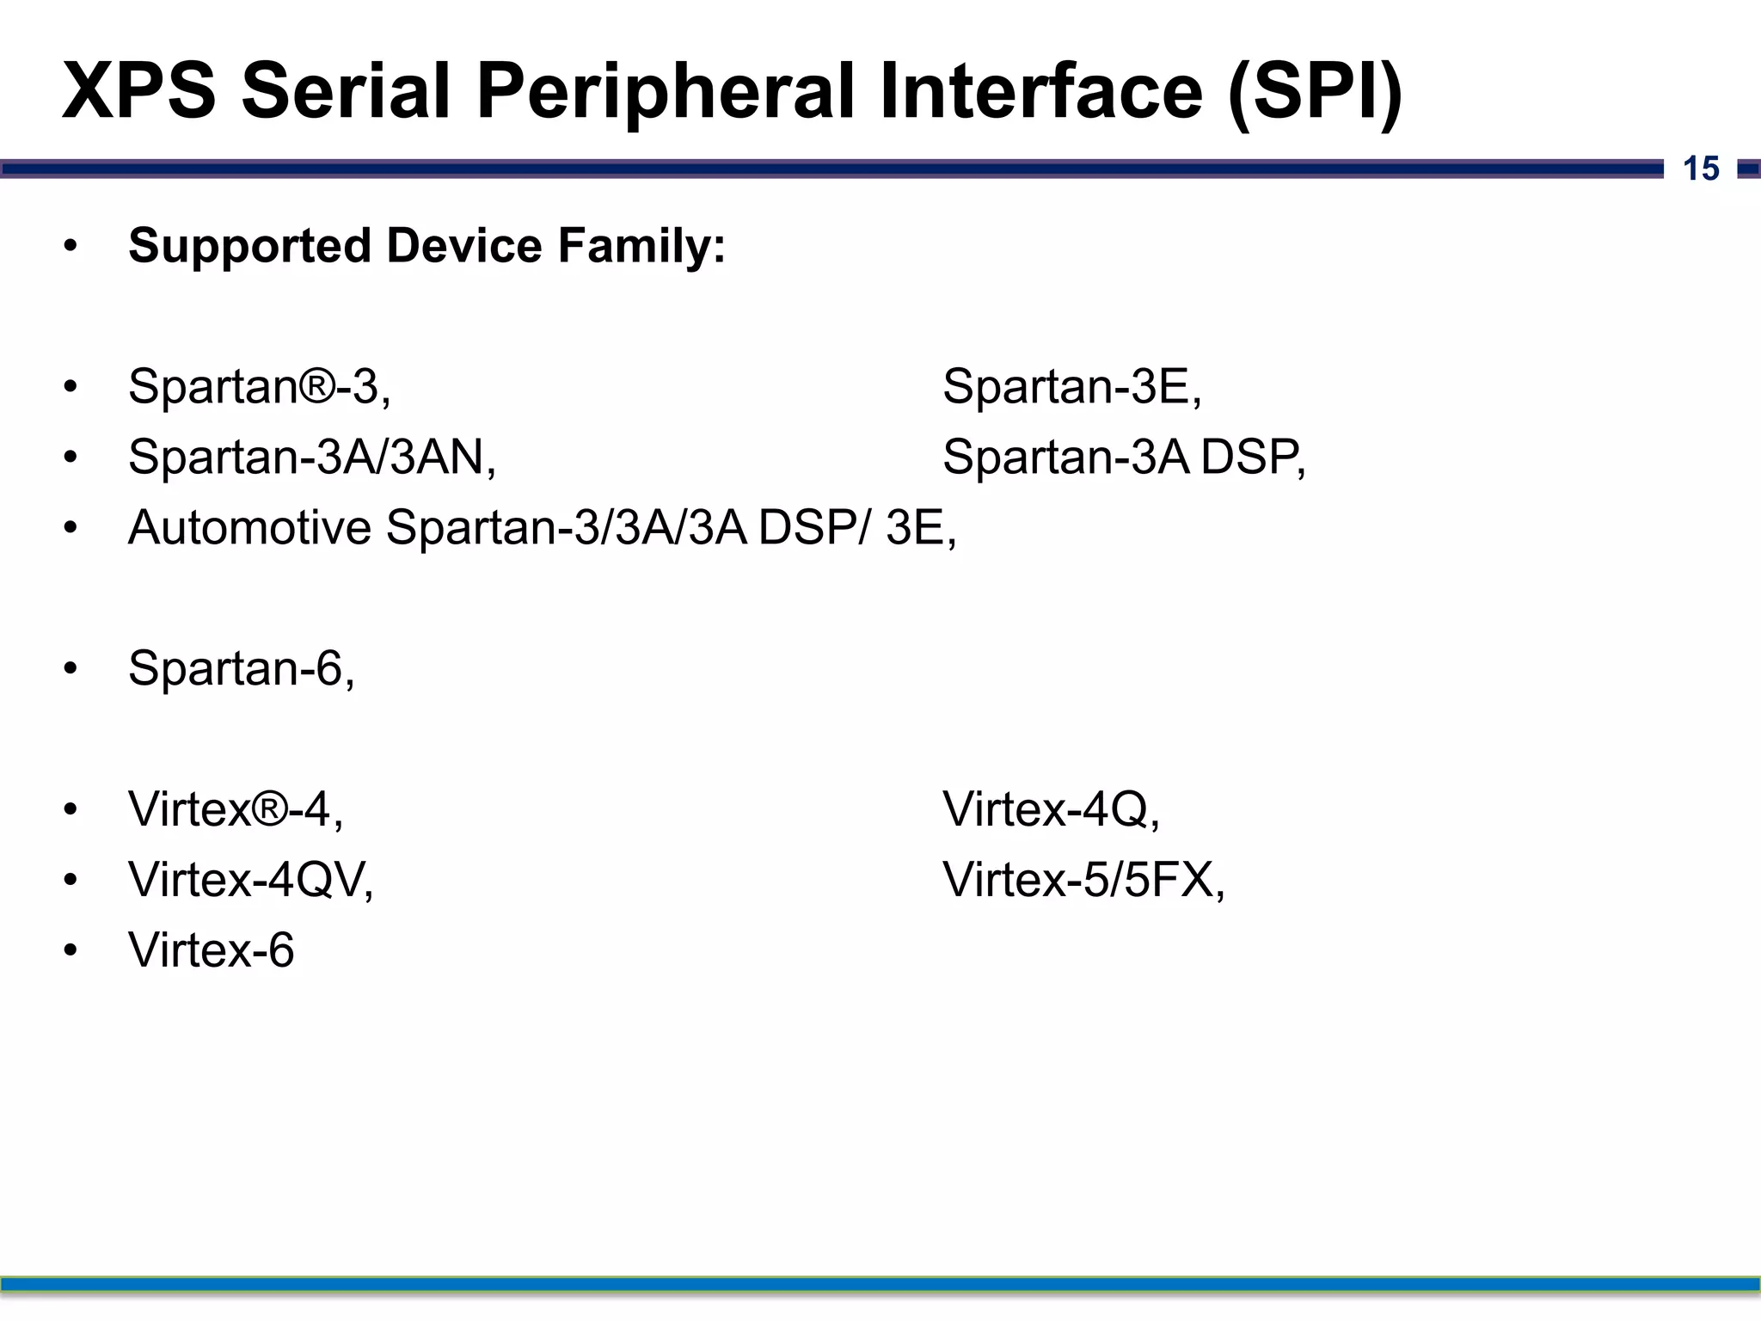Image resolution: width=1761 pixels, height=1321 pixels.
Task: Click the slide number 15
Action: click(x=1701, y=169)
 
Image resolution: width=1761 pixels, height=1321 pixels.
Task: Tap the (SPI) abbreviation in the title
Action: click(x=1315, y=92)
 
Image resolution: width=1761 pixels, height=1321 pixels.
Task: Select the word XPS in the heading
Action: click(x=138, y=92)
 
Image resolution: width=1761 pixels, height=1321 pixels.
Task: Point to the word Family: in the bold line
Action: click(x=641, y=246)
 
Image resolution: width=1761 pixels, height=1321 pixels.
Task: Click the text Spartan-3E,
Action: click(x=1072, y=386)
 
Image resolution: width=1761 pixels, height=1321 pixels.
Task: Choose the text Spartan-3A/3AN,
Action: click(x=312, y=457)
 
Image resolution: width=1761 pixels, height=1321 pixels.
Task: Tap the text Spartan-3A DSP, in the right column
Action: click(x=1124, y=457)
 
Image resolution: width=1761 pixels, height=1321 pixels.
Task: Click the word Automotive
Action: click(x=249, y=527)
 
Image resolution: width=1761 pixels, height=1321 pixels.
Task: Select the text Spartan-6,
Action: click(x=242, y=668)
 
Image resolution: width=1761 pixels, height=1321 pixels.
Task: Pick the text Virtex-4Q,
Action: click(x=1051, y=809)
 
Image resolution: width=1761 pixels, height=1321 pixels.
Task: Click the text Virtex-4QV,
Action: click(x=251, y=880)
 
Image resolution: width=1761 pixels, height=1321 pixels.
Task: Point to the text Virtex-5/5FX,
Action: click(x=1083, y=880)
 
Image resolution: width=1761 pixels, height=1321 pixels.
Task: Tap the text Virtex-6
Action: click(x=212, y=950)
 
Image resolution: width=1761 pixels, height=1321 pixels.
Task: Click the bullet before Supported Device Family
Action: click(x=71, y=247)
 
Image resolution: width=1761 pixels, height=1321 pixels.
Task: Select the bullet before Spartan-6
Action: click(x=71, y=669)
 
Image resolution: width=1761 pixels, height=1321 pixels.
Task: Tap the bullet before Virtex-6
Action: click(x=71, y=951)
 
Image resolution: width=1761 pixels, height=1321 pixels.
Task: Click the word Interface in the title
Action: click(x=1041, y=92)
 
